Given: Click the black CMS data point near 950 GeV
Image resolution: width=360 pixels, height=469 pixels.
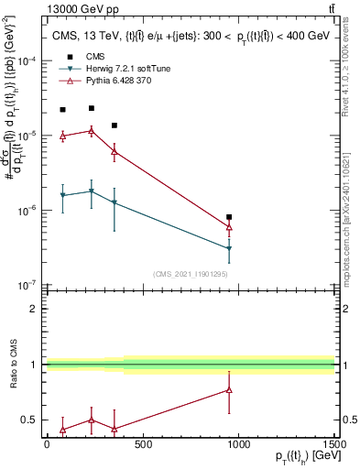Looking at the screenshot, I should (229, 217).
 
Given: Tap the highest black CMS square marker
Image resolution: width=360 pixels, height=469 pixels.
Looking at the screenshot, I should (91, 108).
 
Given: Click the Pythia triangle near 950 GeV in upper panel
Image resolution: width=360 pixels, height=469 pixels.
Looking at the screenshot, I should (229, 227).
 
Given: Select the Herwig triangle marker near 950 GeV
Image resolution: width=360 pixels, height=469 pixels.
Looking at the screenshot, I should (229, 248).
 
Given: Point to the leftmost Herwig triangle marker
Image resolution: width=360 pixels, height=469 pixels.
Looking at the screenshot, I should (62, 195).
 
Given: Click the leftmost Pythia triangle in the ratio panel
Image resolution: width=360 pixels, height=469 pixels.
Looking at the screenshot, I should (62, 429).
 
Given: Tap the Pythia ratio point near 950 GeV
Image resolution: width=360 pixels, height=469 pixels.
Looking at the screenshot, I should (229, 390).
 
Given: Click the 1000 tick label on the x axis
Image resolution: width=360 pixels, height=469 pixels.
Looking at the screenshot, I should (239, 444).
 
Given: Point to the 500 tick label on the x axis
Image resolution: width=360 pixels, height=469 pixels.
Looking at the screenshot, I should (143, 444).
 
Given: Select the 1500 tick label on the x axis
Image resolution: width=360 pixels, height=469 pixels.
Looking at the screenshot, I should (334, 444).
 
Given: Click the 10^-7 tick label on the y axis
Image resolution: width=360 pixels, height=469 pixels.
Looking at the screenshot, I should (28, 285).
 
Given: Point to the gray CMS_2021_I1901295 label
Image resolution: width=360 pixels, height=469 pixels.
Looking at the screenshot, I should (190, 274).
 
